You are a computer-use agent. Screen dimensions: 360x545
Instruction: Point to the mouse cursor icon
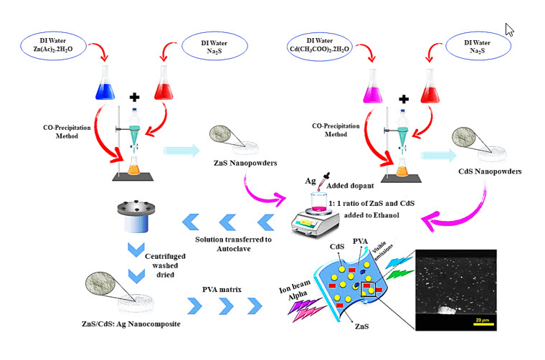(510, 29)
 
